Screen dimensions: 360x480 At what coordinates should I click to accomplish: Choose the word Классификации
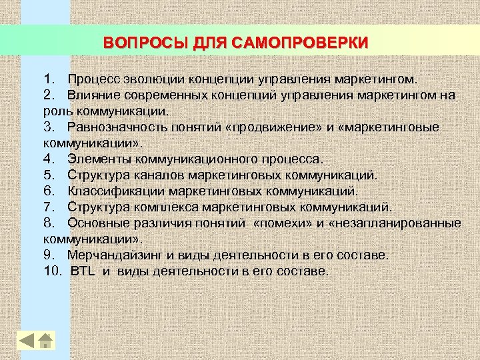pyautogui.click(x=113, y=191)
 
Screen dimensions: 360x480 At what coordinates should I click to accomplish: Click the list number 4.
pyautogui.click(x=48, y=159)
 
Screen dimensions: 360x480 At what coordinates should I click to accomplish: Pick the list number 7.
pyautogui.click(x=48, y=207)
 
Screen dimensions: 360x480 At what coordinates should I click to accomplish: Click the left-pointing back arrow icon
pyautogui.click(x=27, y=340)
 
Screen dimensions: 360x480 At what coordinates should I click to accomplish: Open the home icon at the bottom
pyautogui.click(x=45, y=340)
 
